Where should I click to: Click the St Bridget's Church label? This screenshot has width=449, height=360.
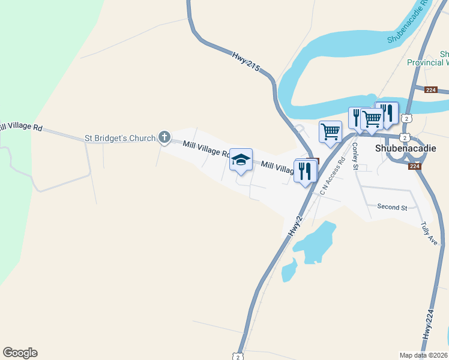coord(120,138)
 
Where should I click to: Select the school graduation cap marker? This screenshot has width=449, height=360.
coord(241,160)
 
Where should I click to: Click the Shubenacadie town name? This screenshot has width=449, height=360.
coord(405,148)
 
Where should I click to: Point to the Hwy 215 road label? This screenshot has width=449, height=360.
coord(246,62)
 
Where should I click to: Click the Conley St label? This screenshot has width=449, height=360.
coord(355,156)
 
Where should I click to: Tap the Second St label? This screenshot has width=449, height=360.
coord(392,207)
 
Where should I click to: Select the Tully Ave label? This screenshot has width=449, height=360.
coord(429,233)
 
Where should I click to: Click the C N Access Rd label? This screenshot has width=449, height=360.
coord(333,177)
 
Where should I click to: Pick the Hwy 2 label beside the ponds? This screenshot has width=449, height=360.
coord(294,225)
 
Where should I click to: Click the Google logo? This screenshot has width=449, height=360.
coord(20,353)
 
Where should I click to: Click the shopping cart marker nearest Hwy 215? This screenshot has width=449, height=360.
coord(331,131)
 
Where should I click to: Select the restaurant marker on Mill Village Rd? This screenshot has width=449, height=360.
coord(305,170)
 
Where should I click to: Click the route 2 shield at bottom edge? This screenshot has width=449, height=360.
coord(238,356)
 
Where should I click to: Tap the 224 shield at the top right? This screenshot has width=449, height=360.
coord(430,90)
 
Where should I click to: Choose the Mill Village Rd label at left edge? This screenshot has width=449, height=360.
coord(21,127)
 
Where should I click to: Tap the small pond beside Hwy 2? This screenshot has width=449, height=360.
coord(289,269)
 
